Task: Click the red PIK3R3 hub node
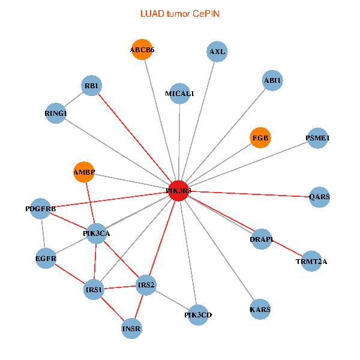[179, 190]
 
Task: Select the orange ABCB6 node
[142, 50]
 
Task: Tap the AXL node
[217, 52]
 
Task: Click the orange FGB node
[260, 138]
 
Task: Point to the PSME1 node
[317, 138]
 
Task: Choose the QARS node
[319, 197]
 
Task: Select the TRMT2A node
[311, 261]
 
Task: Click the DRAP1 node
[262, 239]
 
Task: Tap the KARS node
[260, 310]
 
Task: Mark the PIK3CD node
[198, 314]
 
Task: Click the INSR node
[132, 328]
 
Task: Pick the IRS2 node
[146, 284]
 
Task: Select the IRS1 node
[95, 290]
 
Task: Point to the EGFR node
[46, 259]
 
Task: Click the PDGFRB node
[41, 209]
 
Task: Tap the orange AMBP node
[85, 173]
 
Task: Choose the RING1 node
[56, 113]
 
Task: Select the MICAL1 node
[180, 94]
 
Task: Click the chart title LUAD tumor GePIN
[179, 13]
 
